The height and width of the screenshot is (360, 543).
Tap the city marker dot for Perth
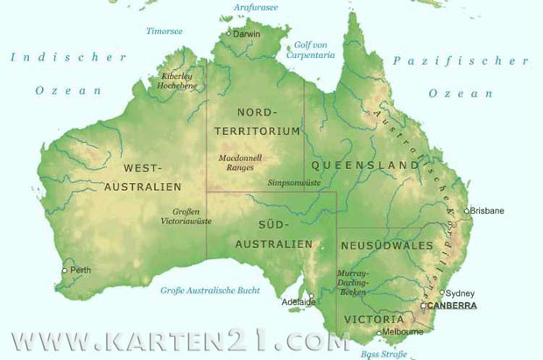pyautogui.click(x=64, y=271)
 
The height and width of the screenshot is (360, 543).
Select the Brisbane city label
pyautogui.click(x=488, y=210)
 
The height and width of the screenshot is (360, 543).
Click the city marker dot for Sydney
pyautogui.click(x=442, y=293)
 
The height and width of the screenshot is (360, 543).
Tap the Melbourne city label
pyautogui.click(x=403, y=332)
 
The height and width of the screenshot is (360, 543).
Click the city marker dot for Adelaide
pyautogui.click(x=310, y=295)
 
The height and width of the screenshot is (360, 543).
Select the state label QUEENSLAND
pyautogui.click(x=364, y=165)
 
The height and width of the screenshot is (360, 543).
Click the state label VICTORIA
pyautogui.click(x=374, y=319)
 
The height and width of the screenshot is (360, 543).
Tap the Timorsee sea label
pyautogui.click(x=165, y=31)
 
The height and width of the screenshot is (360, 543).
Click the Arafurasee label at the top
pyautogui.click(x=255, y=7)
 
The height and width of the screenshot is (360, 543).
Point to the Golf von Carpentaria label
pyautogui.click(x=310, y=49)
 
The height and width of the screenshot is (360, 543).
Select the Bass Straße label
pyautogui.click(x=384, y=353)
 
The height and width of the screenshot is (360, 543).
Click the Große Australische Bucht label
pyautogui.click(x=210, y=290)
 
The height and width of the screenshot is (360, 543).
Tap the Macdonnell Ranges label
pyautogui.click(x=240, y=162)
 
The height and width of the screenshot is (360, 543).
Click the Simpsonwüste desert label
pyautogui.click(x=293, y=183)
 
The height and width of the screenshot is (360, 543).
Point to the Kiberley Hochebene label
pyautogui.click(x=177, y=81)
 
